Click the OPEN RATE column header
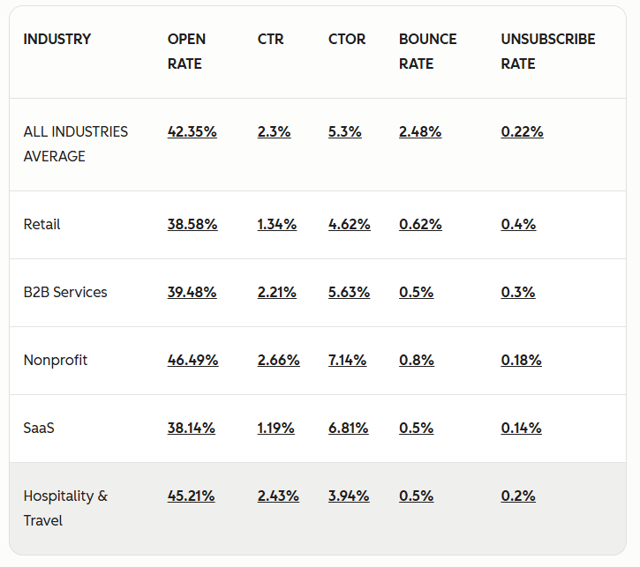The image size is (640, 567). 186,51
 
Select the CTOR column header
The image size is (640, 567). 347,39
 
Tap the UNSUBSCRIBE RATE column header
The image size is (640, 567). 547,51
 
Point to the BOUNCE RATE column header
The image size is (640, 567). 427,51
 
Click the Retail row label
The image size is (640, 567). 41,224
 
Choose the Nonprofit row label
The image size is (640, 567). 56,360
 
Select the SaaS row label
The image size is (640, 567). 39,428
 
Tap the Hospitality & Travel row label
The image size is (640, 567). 65,508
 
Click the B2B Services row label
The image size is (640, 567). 65,292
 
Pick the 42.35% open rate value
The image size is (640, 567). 192,131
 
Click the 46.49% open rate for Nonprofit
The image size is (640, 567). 192,360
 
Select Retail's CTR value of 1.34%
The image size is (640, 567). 277,224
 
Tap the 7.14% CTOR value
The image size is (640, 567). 347,360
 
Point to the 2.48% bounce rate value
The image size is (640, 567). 420,131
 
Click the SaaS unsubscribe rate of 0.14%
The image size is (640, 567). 521,428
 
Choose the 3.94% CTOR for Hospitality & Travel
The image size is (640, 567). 349,496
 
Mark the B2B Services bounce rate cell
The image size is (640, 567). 416,292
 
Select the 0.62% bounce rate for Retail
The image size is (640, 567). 420,224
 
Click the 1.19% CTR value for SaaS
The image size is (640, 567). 276,428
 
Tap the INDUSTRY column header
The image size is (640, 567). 56,39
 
